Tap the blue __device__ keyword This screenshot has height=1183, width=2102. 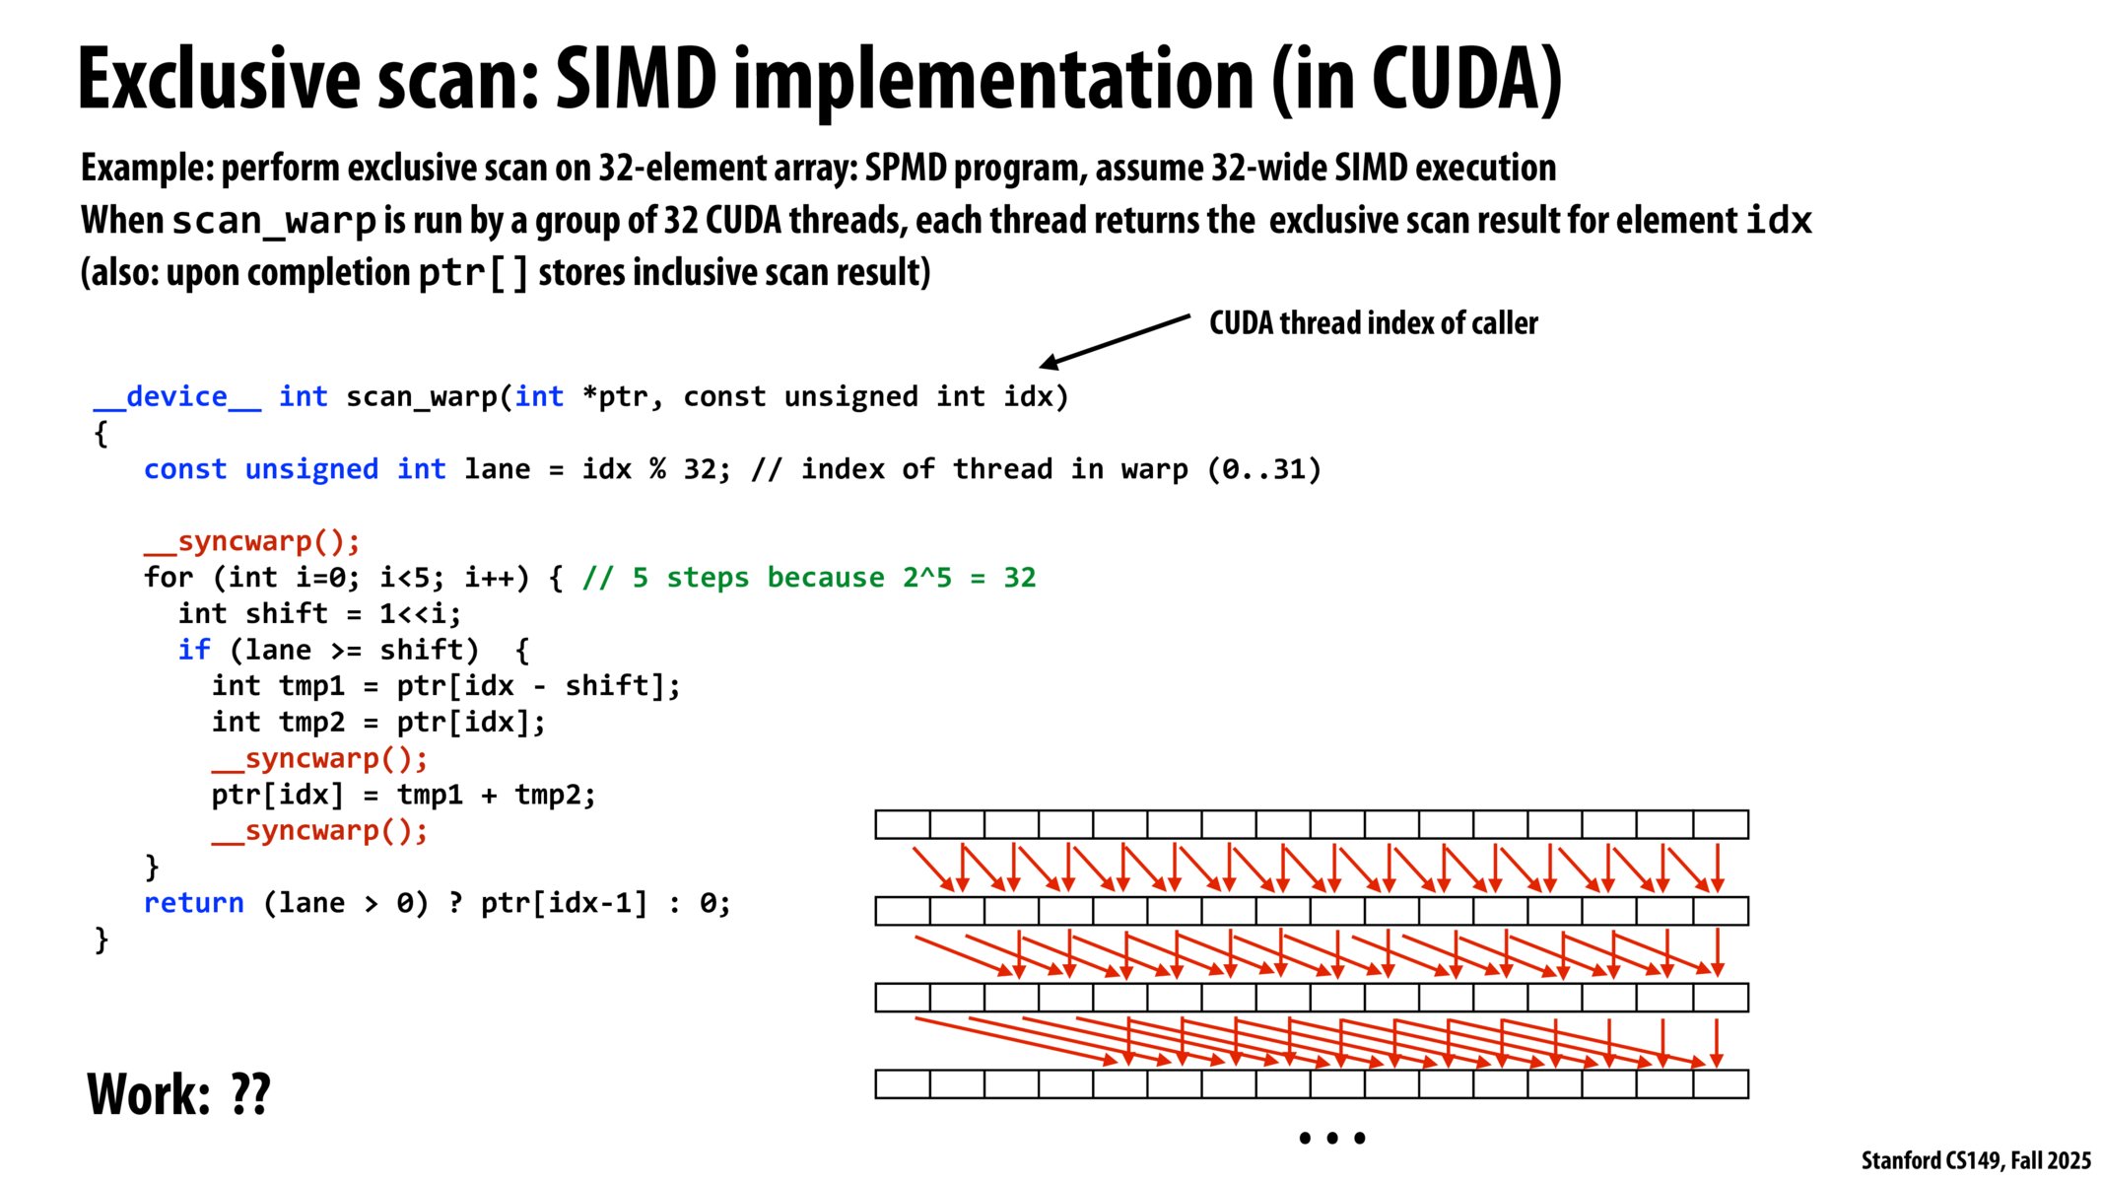[x=177, y=396]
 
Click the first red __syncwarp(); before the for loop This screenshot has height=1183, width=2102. [x=252, y=541]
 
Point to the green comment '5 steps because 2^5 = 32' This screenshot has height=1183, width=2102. [x=808, y=578]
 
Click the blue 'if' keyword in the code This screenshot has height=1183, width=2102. [x=194, y=650]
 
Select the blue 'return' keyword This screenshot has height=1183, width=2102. [x=194, y=903]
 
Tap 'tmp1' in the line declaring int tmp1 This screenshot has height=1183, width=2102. [x=312, y=686]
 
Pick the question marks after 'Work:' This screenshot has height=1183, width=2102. [x=250, y=1094]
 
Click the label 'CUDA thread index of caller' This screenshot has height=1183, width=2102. [x=1373, y=322]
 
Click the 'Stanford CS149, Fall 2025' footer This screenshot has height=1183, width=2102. [x=1975, y=1160]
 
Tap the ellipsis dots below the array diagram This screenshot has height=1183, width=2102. [x=1331, y=1138]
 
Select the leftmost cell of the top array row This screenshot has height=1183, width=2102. [x=903, y=824]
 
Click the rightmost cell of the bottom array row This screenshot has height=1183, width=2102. [x=1721, y=1084]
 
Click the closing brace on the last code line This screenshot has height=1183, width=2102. [x=101, y=939]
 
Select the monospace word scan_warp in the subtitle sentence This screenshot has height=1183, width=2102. [x=274, y=221]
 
